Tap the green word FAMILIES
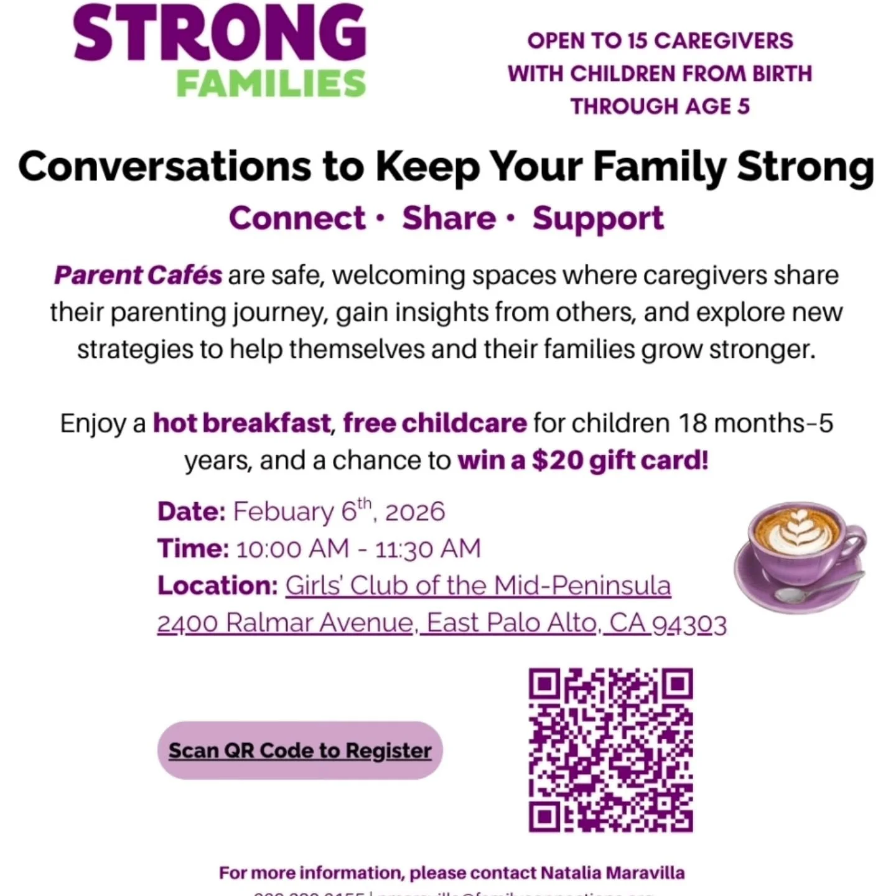pos(271,84)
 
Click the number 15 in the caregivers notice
pos(637,41)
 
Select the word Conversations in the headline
pos(164,167)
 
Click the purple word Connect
pos(297,218)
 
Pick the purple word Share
pos(449,218)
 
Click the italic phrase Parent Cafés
pos(138,275)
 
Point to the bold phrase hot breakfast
pos(242,423)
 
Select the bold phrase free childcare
pos(435,423)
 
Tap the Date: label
pos(191,511)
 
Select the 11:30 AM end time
pos(428,549)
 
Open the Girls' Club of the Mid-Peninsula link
pos(478,586)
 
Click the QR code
pos(610,750)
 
